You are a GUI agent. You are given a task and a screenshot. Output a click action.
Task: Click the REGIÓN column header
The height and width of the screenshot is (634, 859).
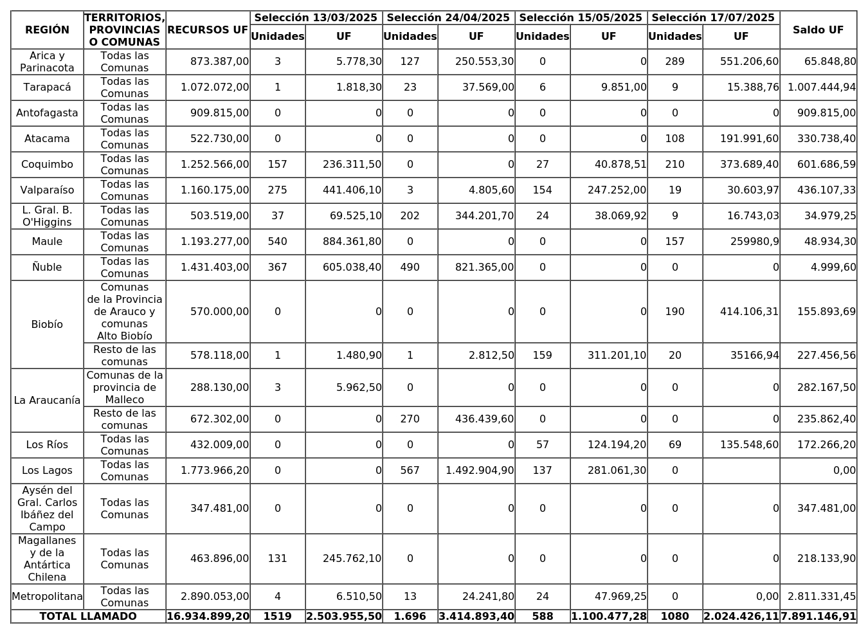[47, 30]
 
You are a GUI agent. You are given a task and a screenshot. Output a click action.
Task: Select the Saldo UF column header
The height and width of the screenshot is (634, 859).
[818, 30]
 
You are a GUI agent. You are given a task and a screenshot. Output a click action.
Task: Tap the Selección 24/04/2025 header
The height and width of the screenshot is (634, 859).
[448, 18]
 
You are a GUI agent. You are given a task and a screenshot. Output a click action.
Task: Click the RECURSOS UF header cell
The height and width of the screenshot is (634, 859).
[208, 30]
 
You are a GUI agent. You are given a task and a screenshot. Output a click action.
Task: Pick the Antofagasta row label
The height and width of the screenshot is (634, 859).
[47, 113]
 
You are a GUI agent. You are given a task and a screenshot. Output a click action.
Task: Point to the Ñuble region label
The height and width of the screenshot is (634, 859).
[47, 267]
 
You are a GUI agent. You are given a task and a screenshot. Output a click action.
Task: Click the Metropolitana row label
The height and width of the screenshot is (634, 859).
[47, 597]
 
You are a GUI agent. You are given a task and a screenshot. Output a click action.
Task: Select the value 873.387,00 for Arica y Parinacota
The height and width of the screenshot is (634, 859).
[219, 62]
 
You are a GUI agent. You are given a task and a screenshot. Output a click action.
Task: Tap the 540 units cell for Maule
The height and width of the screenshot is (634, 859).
[277, 242]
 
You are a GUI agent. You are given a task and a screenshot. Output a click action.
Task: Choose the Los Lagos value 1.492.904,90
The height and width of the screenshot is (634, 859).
[480, 471]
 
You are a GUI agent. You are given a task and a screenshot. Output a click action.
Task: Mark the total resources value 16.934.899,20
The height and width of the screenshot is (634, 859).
[208, 617]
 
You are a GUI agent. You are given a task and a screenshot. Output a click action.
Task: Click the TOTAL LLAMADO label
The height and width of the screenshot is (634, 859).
[88, 617]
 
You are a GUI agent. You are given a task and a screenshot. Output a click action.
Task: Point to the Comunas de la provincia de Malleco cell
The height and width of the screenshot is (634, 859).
[125, 387]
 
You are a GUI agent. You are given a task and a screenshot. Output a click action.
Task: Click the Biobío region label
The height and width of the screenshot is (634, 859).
[47, 325]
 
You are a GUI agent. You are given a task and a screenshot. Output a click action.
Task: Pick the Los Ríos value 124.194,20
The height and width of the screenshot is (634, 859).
[617, 445]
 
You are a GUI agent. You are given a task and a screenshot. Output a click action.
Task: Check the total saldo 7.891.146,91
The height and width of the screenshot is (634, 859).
[818, 617]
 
